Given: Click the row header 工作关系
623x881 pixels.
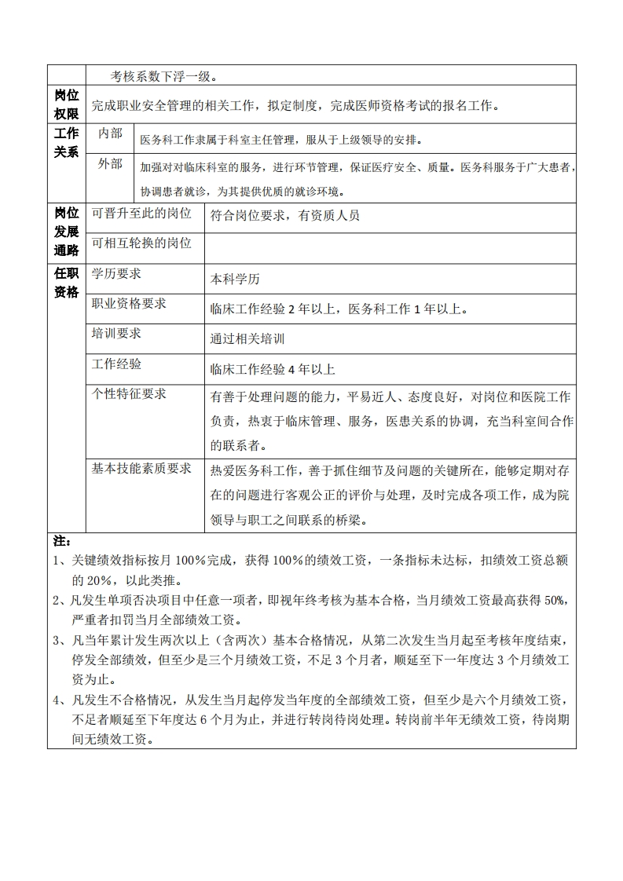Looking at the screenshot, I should pyautogui.click(x=67, y=142).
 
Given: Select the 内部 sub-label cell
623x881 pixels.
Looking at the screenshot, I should pyautogui.click(x=110, y=134).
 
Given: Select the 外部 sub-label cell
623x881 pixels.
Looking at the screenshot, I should pyautogui.click(x=110, y=165).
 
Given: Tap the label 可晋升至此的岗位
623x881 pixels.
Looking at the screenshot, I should pyautogui.click(x=141, y=214).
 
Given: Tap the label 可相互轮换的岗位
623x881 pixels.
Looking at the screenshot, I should pyautogui.click(x=141, y=243).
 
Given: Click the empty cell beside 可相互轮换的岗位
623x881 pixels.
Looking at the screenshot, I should pyautogui.click(x=390, y=247).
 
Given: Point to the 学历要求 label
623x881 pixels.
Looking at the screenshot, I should pyautogui.click(x=116, y=274).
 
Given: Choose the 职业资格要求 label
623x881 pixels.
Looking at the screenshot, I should pyautogui.click(x=129, y=304).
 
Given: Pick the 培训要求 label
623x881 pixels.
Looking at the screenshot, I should pyautogui.click(x=116, y=334).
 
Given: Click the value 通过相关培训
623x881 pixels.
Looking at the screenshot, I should pyautogui.click(x=247, y=339).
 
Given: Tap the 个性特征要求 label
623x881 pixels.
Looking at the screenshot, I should pyautogui.click(x=129, y=394).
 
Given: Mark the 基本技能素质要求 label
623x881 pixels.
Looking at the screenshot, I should pyautogui.click(x=141, y=469).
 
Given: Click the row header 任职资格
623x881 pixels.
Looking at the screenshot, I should pyautogui.click(x=67, y=283).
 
